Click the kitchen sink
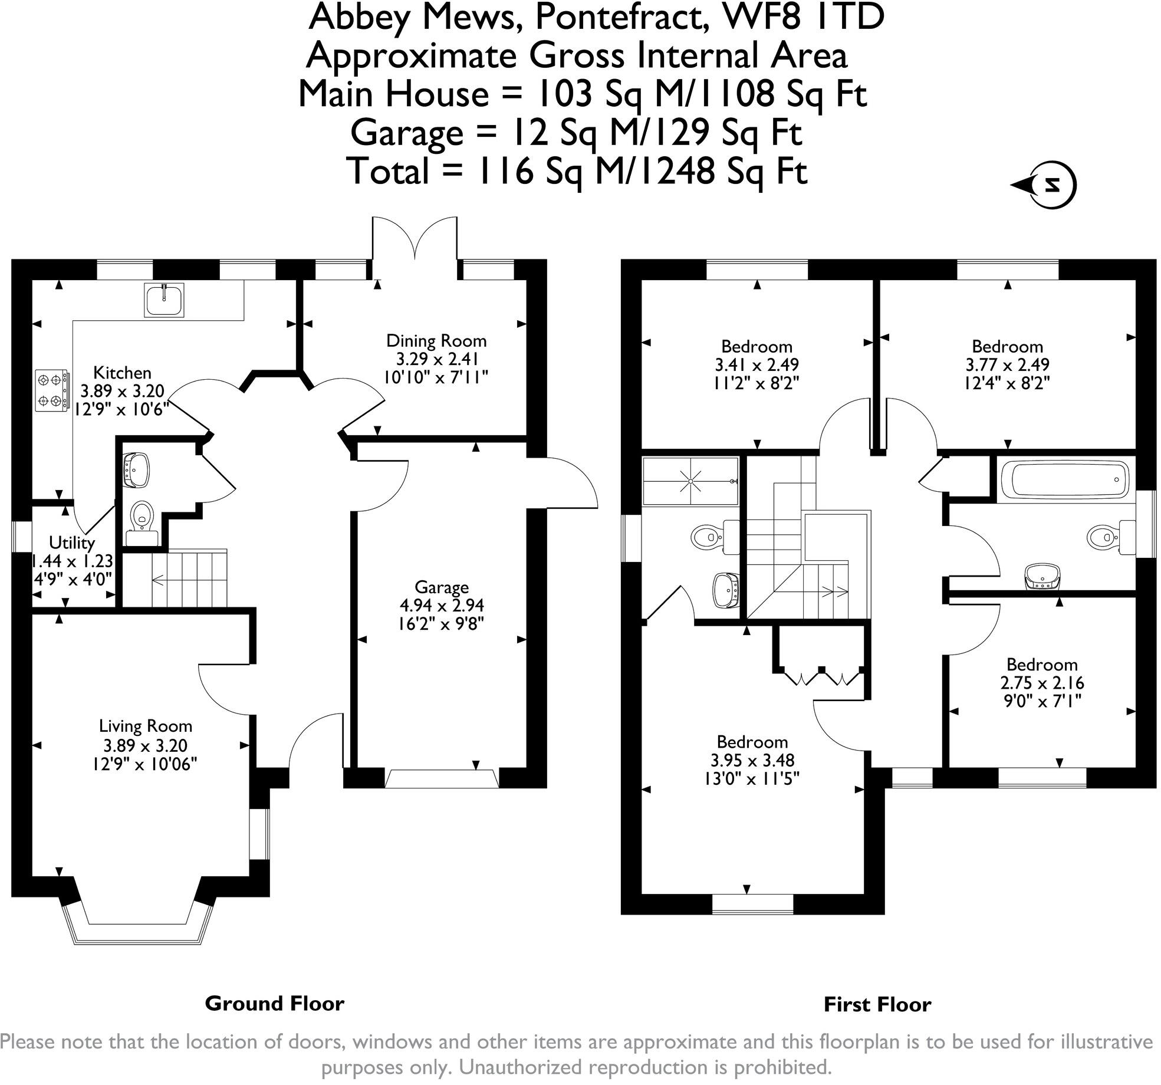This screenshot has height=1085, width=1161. [x=165, y=299]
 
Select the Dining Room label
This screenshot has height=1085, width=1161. [x=436, y=341]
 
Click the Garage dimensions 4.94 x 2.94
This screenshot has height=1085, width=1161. [x=442, y=606]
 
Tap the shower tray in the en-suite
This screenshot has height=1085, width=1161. [x=690, y=481]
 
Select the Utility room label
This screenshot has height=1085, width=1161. [x=72, y=542]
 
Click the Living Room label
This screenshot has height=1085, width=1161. [x=146, y=726]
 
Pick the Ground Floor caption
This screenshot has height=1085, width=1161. [x=274, y=1003]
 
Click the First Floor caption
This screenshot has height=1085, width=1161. [x=877, y=1004]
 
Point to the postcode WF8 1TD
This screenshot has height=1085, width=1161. [x=805, y=18]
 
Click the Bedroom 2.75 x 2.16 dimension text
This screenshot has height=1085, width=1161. [x=1042, y=683]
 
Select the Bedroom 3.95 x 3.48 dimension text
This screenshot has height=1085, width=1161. [x=752, y=760]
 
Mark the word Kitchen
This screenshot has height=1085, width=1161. [x=123, y=373]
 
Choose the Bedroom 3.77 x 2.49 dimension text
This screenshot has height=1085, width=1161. [x=1007, y=365]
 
